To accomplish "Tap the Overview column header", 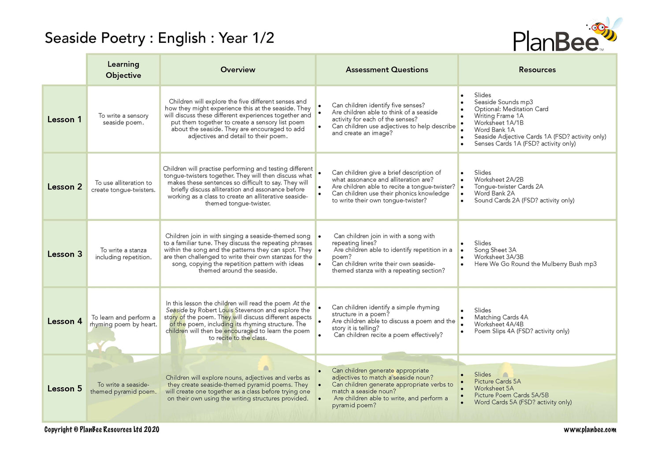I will click(x=238, y=70).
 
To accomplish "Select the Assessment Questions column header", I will click(x=387, y=70).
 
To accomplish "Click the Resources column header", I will click(x=537, y=70).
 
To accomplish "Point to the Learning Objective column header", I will click(x=123, y=70).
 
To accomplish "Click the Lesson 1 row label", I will click(x=64, y=120).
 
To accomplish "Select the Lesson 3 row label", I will click(x=65, y=254).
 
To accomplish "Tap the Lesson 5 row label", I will click(x=65, y=389).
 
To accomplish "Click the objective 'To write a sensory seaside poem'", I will click(x=123, y=119).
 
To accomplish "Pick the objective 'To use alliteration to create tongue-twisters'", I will click(x=123, y=186).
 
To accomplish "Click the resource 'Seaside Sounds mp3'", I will click(x=503, y=102).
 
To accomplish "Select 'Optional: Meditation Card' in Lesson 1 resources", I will click(x=511, y=109).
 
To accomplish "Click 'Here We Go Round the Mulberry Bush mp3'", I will click(x=535, y=264).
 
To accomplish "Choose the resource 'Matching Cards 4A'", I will click(x=501, y=317).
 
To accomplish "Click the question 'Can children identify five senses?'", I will click(x=378, y=105).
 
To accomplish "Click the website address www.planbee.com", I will click(x=590, y=430).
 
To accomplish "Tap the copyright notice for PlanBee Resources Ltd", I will click(x=102, y=430).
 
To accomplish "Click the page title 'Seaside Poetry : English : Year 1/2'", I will click(x=160, y=38).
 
